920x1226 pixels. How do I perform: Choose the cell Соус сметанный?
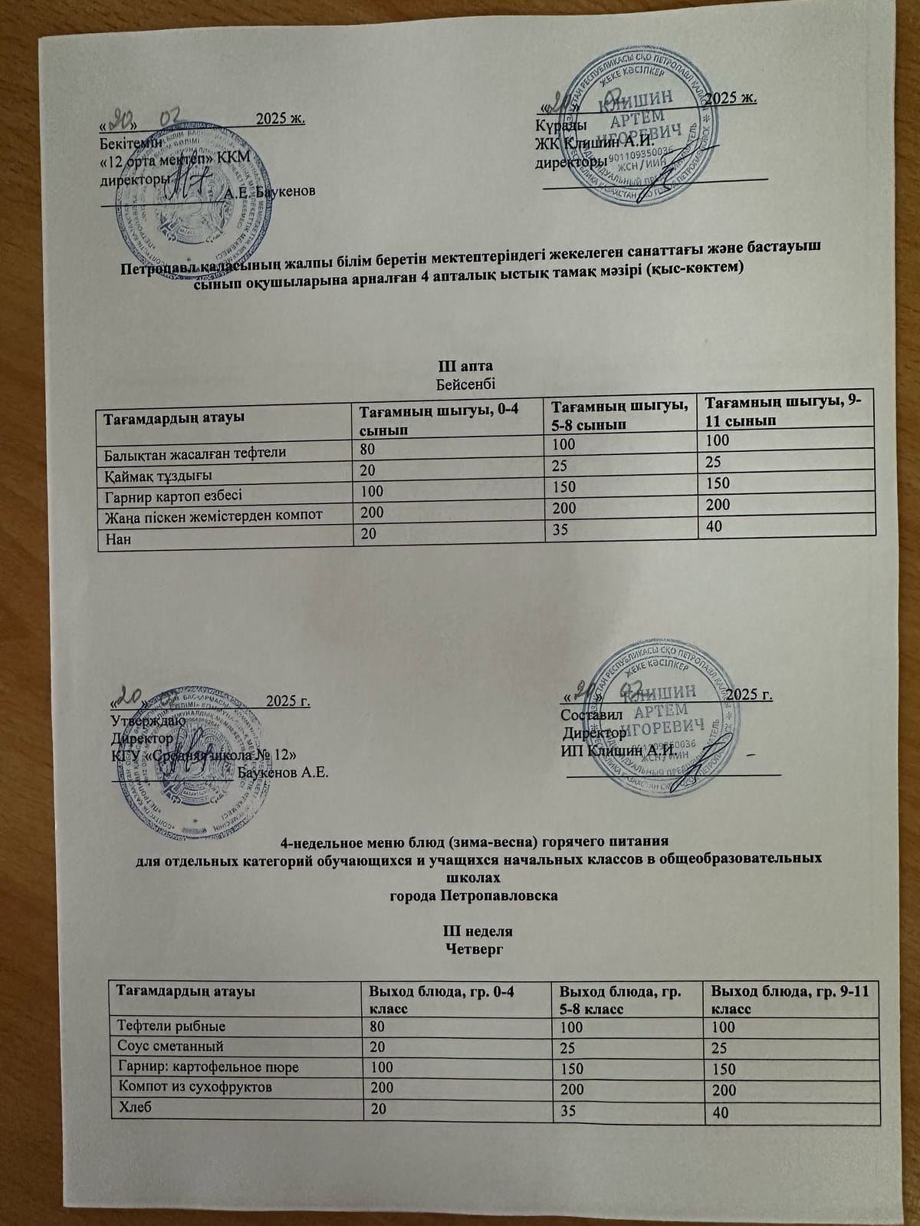point(169,1046)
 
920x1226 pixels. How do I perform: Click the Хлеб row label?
point(131,1107)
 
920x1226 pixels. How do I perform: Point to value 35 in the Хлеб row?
point(571,1110)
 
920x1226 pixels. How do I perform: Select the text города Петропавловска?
point(474,895)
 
